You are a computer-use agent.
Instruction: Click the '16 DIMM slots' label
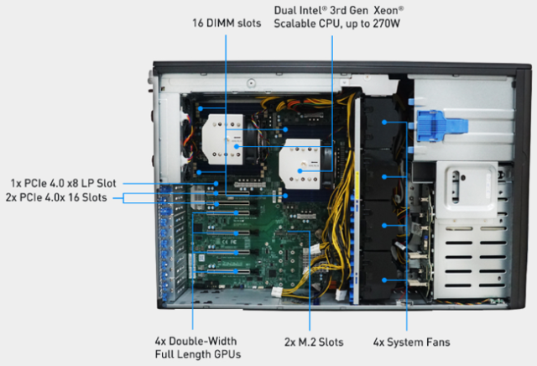tap(227, 24)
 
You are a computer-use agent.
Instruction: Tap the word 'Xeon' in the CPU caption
tap(387, 10)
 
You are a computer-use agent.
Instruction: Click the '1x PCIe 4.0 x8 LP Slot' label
tap(64, 183)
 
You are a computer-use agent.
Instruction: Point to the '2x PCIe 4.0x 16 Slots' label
tap(56, 197)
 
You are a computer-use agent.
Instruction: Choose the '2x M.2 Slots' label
tap(314, 342)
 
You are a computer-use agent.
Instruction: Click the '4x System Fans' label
tap(411, 342)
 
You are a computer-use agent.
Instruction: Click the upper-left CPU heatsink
tap(222, 139)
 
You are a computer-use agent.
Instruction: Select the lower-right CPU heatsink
tap(300, 164)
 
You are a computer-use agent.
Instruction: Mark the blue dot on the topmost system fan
tap(384, 122)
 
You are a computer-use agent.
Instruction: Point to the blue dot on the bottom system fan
tap(384, 280)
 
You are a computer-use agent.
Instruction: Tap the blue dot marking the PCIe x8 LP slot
tap(216, 183)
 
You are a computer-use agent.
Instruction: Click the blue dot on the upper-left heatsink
tap(237, 146)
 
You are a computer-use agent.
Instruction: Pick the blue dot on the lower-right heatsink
tap(300, 170)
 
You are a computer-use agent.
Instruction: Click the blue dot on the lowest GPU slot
tap(236, 271)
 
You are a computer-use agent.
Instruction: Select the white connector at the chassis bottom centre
tap(277, 293)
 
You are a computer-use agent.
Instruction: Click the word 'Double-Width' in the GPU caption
tap(203, 342)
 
